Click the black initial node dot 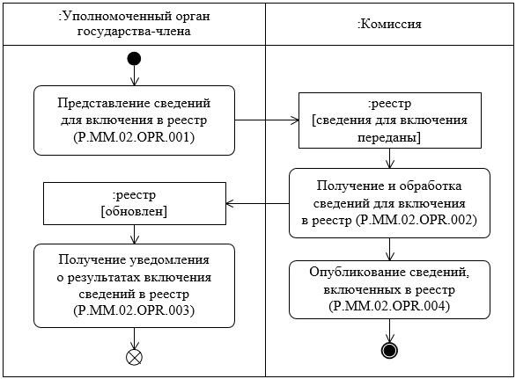click(x=134, y=59)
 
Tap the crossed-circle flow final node click(x=134, y=356)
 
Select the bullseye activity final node click(x=388, y=350)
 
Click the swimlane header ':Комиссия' click(x=388, y=24)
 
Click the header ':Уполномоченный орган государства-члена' click(x=134, y=24)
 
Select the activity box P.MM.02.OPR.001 click(x=134, y=120)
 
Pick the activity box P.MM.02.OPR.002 click(x=388, y=203)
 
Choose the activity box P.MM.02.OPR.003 click(x=134, y=285)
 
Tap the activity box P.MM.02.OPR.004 click(x=388, y=288)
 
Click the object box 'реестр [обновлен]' click(x=134, y=203)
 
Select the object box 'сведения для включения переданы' click(x=388, y=120)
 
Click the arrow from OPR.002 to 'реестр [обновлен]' click(x=257, y=203)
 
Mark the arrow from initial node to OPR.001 click(x=134, y=76)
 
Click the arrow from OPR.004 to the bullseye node click(x=388, y=330)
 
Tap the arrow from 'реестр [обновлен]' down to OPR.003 click(x=134, y=234)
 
